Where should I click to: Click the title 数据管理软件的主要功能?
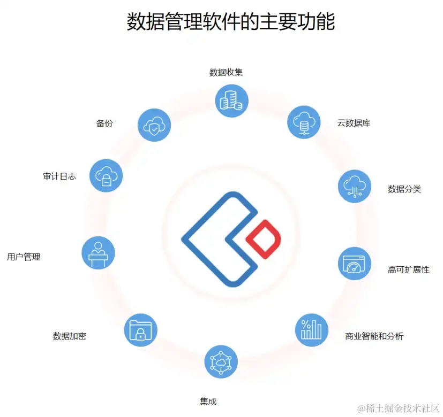(230, 22)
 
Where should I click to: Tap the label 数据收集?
(226, 72)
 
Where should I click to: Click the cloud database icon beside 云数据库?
(304, 122)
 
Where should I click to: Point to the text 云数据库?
(354, 123)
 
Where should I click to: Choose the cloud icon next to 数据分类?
(354, 187)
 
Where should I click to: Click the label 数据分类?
(404, 189)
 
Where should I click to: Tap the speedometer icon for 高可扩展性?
(354, 263)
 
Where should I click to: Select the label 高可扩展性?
(408, 269)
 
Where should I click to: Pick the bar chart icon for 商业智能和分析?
(311, 330)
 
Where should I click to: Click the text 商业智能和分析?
(374, 336)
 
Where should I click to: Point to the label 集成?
(208, 401)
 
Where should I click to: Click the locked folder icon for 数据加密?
(140, 330)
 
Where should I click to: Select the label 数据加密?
(70, 336)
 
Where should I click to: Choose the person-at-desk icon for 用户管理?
(98, 252)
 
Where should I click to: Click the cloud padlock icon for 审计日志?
(106, 175)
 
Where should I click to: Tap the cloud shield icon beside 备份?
(154, 125)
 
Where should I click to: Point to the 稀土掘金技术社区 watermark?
(399, 408)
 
